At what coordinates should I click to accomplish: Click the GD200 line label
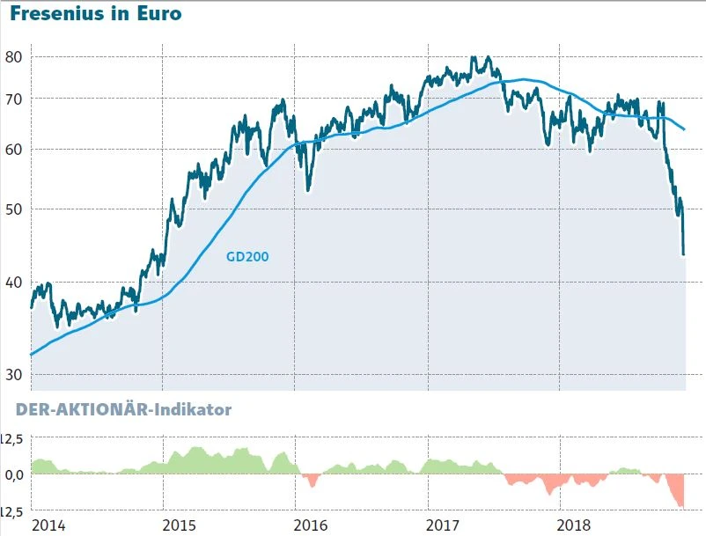point(247,257)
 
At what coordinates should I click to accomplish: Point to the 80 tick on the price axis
point(13,57)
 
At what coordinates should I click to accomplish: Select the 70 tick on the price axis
point(13,99)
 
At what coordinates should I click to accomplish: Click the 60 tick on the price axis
point(13,150)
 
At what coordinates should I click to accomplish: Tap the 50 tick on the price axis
point(13,209)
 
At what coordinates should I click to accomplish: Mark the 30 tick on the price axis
point(13,375)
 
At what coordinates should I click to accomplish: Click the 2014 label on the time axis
point(49,525)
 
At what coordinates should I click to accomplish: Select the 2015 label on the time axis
point(180,525)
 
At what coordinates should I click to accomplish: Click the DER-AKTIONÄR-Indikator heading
point(123,409)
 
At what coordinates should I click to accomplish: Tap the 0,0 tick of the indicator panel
point(12,474)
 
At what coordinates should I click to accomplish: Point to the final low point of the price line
point(684,254)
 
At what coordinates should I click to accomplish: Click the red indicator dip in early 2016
point(310,481)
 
